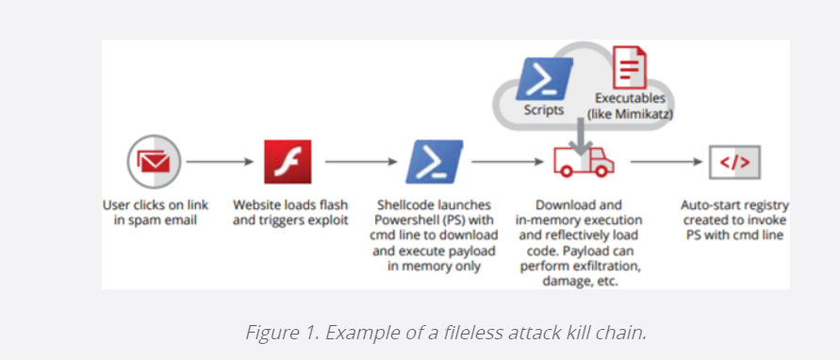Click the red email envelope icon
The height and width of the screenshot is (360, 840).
(x=153, y=162)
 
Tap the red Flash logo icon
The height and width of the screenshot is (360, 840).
(x=287, y=162)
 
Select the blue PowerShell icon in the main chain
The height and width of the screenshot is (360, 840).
(x=435, y=161)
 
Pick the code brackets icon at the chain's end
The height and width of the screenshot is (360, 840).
(x=734, y=162)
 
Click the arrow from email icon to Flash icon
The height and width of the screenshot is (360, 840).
(x=220, y=162)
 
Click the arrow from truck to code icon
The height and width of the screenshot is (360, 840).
(x=663, y=162)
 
